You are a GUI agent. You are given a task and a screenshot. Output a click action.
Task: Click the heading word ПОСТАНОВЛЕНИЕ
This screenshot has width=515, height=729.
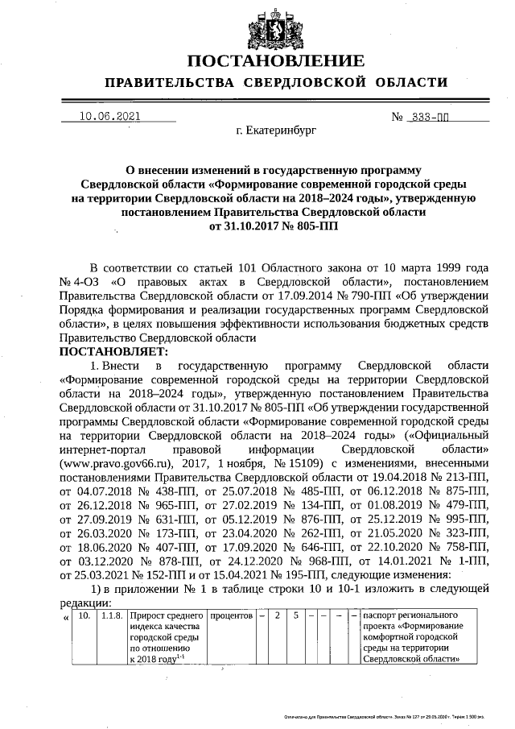pos(276,62)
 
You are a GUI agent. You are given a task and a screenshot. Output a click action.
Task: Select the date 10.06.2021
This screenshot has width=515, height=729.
pos(109,116)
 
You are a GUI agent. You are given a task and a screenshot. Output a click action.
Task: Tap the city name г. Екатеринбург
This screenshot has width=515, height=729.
pos(277,129)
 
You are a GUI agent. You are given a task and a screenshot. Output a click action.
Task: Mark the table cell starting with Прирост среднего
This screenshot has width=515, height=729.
pos(167,636)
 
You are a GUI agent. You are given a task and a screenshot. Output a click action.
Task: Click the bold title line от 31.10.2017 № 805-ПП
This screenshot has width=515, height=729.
pos(274,226)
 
